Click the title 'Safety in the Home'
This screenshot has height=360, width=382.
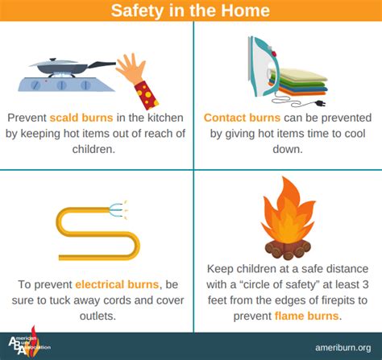pos(190,10)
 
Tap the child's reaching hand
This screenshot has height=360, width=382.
pos(131,69)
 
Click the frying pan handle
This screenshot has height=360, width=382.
pos(102,64)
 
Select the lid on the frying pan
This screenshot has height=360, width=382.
pos(54,63)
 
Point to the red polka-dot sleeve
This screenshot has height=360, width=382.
pos(147,95)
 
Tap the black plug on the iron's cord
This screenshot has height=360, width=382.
pos(320,103)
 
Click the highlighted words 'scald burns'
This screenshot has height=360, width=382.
pos(81,118)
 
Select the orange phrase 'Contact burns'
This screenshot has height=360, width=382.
pos(242,118)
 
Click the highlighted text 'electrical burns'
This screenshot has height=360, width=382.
pos(117,284)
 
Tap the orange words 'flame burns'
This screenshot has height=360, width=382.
pos(306,316)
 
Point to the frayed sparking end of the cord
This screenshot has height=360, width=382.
pos(118,209)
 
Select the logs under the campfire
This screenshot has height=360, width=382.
pos(288,250)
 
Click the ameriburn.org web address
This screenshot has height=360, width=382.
pos(343,348)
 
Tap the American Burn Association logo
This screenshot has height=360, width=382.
pos(29,341)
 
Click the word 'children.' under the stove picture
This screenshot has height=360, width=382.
pos(93,149)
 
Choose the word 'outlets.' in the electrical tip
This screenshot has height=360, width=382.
pos(98,316)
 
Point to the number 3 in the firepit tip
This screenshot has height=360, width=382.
pos(365,284)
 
